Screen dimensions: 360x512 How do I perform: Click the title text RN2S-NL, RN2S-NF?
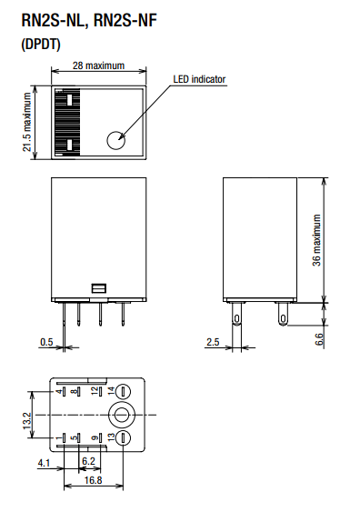[89, 20]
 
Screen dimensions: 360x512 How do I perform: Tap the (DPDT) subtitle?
[41, 44]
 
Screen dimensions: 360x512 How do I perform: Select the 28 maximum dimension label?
[98, 65]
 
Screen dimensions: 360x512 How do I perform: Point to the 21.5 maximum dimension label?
[27, 122]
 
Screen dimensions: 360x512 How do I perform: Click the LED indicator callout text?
[199, 79]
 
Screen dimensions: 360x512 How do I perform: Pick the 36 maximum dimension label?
[316, 240]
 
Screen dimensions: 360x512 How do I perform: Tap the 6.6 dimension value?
[319, 339]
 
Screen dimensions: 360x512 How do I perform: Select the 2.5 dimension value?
[213, 342]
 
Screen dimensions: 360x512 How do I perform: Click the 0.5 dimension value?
[46, 342]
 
